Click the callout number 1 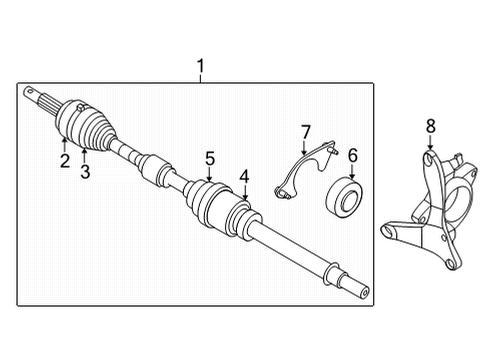[x=200, y=67]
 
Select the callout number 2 [x=63, y=161]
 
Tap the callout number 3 [x=85, y=172]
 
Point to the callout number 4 [x=244, y=178]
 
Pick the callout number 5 [x=210, y=157]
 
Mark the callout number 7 [x=306, y=130]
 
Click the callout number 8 [x=431, y=125]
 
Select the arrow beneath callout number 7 [x=306, y=146]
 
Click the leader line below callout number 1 [x=200, y=80]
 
